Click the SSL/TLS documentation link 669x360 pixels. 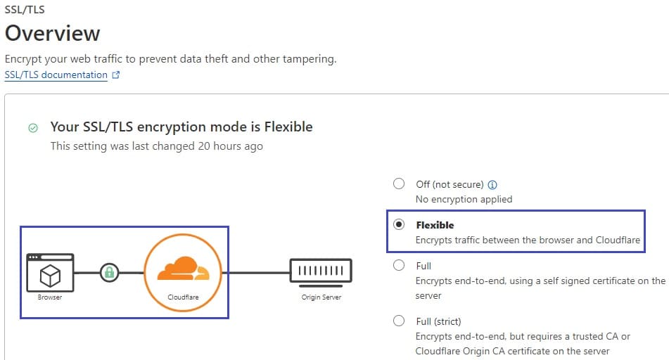[56, 75]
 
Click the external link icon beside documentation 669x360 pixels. [115, 75]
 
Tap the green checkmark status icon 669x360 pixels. [33, 127]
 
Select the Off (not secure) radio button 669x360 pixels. [399, 184]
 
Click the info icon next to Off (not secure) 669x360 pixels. [492, 185]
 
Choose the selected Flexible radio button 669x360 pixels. [399, 224]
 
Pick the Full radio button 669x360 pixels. [399, 265]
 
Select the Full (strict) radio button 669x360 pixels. [399, 321]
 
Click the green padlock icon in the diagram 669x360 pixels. [109, 273]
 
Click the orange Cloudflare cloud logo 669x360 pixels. [184, 269]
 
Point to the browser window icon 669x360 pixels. [50, 273]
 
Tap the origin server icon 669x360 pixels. [321, 272]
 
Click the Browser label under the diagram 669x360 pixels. [50, 297]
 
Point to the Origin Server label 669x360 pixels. [321, 297]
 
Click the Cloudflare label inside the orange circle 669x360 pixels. [183, 297]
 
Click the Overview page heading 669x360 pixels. [53, 33]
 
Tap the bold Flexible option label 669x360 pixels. [435, 225]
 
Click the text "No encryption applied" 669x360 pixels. [464, 199]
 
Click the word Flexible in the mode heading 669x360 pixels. [288, 127]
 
